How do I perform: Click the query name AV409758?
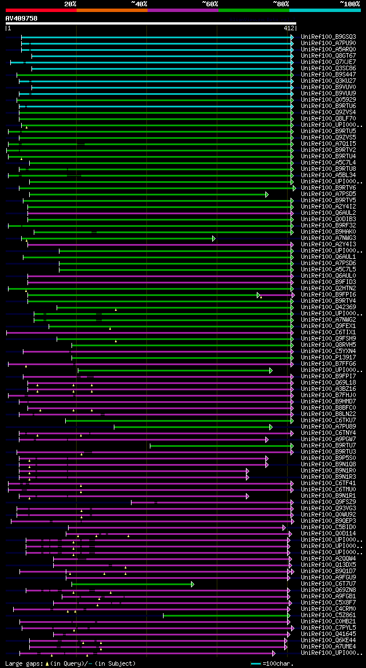tap(22, 18)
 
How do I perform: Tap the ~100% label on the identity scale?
tap(349, 4)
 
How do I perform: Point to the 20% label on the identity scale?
tap(70, 4)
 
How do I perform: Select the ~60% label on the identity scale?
tap(210, 4)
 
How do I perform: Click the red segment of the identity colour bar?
tap(41, 10)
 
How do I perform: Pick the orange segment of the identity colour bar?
tap(112, 10)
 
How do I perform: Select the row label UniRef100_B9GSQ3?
tap(328, 37)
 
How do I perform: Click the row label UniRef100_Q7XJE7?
tap(328, 62)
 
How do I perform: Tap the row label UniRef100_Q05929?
tap(328, 99)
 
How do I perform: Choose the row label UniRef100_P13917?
tap(328, 357)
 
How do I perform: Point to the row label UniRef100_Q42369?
tap(328, 307)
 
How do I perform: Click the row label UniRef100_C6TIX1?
tap(328, 332)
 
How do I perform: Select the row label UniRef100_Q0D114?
tap(328, 533)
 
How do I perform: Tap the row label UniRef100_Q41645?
tap(328, 634)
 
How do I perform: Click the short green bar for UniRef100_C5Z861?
tap(226, 615)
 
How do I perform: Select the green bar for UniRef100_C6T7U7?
tap(132, 584)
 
